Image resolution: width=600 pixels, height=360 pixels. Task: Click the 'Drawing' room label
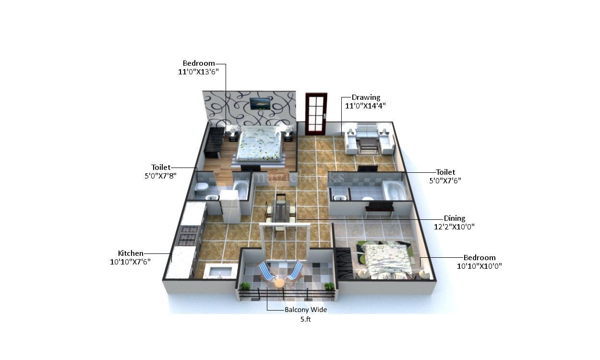(x=366, y=97)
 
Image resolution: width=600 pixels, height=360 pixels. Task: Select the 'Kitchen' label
(x=131, y=253)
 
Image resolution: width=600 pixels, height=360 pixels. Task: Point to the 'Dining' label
(x=454, y=218)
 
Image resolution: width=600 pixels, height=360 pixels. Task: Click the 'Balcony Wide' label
(x=305, y=310)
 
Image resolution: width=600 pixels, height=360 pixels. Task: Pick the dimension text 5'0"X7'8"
(x=160, y=176)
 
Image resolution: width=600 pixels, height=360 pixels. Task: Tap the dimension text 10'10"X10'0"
(x=479, y=266)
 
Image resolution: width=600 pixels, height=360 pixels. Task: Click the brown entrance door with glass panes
(x=316, y=114)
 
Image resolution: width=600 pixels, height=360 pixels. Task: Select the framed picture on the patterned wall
(x=260, y=103)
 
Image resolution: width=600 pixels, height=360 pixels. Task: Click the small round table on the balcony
(x=279, y=283)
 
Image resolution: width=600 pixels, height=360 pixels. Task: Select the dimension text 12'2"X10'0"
(x=454, y=227)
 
